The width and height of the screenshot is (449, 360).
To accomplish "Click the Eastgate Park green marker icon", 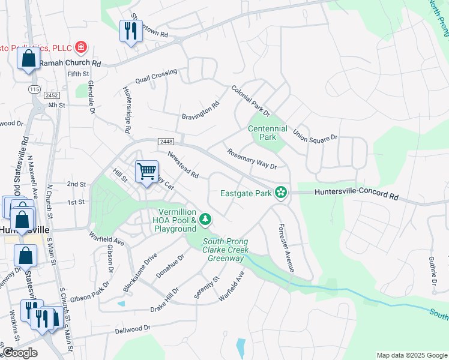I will pyautogui.click(x=280, y=193).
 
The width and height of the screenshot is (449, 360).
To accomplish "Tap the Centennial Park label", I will pyautogui.click(x=268, y=133).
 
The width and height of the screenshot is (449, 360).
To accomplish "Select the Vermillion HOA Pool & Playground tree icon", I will pyautogui.click(x=205, y=220).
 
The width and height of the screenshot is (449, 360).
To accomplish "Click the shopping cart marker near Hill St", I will pyautogui.click(x=146, y=172).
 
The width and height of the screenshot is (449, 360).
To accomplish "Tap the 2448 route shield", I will pyautogui.click(x=166, y=141).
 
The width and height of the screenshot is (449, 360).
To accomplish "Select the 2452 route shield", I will pyautogui.click(x=51, y=95).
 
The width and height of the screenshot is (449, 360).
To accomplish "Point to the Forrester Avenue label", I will pyautogui.click(x=285, y=248).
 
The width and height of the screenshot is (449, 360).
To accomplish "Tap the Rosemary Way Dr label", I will pyautogui.click(x=252, y=158).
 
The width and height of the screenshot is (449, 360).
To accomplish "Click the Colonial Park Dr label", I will pyautogui.click(x=252, y=101).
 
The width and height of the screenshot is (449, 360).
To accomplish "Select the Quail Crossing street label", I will pyautogui.click(x=156, y=76).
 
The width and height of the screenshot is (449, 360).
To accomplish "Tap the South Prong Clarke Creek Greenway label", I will pyautogui.click(x=225, y=250).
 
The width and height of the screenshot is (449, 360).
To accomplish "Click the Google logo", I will pyautogui.click(x=19, y=353).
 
